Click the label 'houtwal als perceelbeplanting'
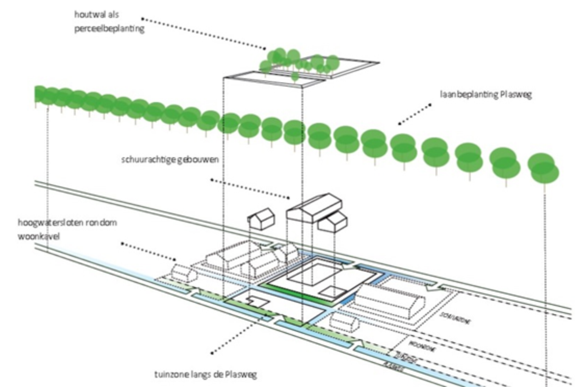(109, 22)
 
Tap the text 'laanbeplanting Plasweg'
(486, 94)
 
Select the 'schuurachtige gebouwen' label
(170, 160)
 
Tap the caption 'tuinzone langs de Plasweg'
(205, 375)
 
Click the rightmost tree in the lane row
(544, 169)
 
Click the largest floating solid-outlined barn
(314, 208)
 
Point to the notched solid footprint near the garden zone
(257, 301)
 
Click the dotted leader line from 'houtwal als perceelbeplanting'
(204, 33)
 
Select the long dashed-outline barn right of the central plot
(391, 299)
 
